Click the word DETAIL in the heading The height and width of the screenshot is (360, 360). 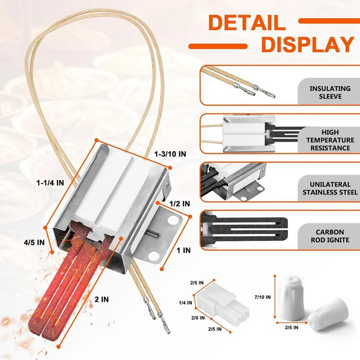coord(247,23)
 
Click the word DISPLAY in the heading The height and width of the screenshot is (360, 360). coord(307,45)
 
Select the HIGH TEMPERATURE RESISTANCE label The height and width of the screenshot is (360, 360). coord(330,140)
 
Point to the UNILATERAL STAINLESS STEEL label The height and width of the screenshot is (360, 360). coord(330,188)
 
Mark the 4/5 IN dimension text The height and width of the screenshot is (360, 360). coord(34,242)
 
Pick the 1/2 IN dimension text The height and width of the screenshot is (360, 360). coord(180,203)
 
